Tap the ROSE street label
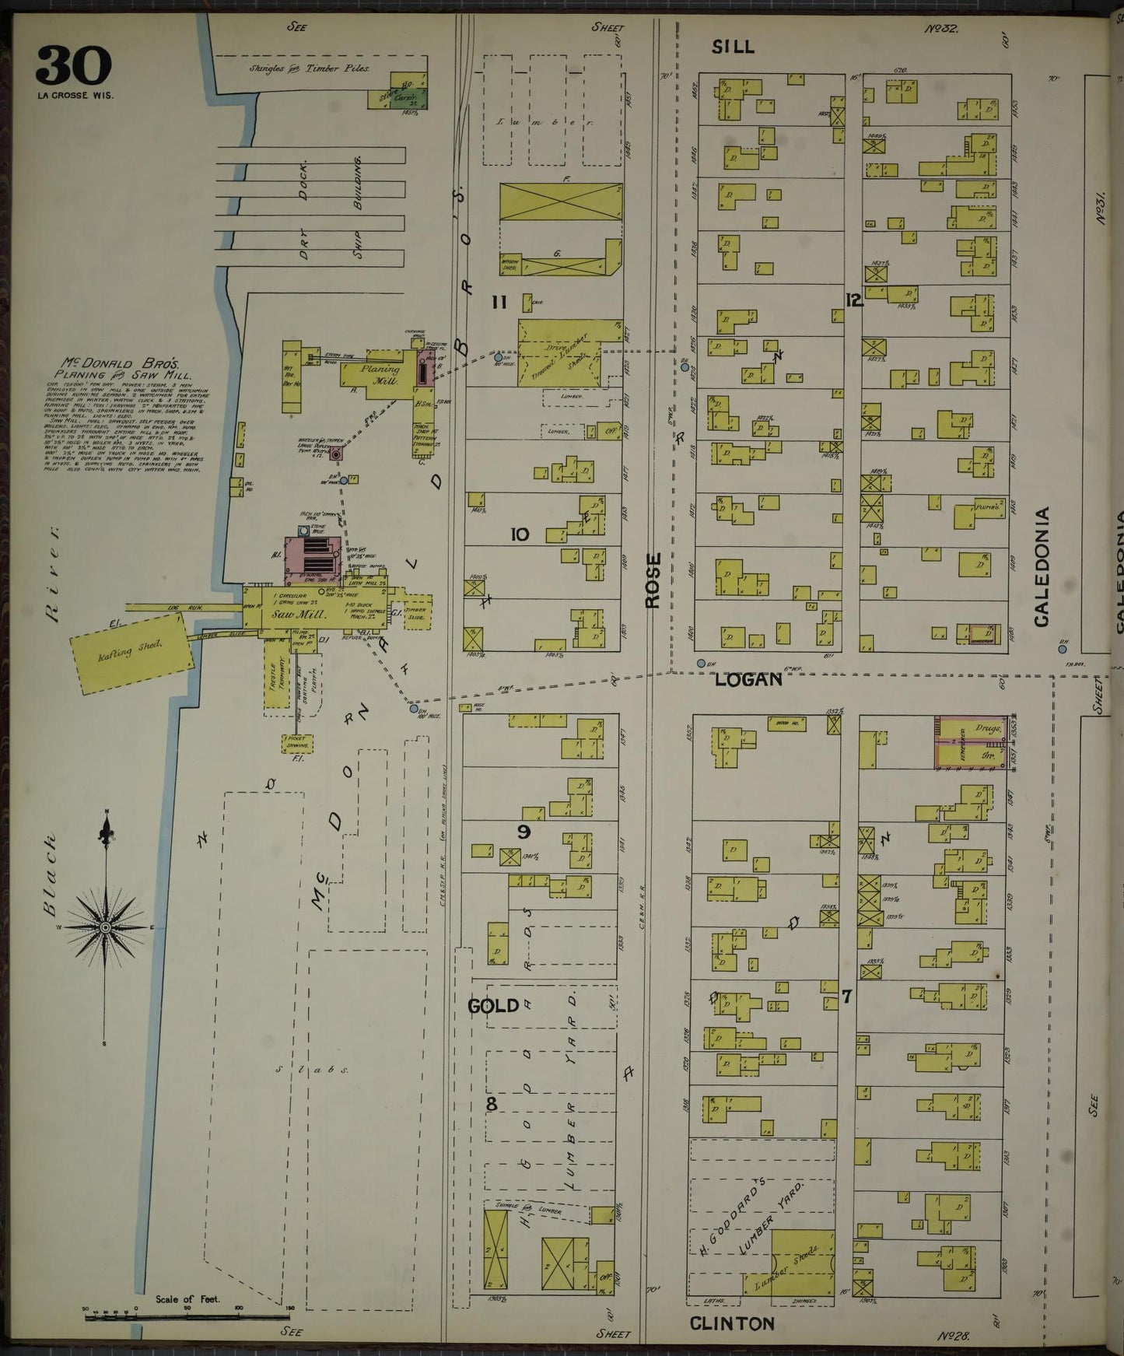(x=653, y=580)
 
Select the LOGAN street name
(x=748, y=679)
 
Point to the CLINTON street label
(x=732, y=1323)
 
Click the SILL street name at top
(x=733, y=47)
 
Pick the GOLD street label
(x=492, y=1006)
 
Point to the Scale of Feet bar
(x=187, y=1316)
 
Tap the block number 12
(x=854, y=300)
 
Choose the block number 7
(x=847, y=995)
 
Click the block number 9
(x=524, y=832)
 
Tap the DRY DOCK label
(x=304, y=208)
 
